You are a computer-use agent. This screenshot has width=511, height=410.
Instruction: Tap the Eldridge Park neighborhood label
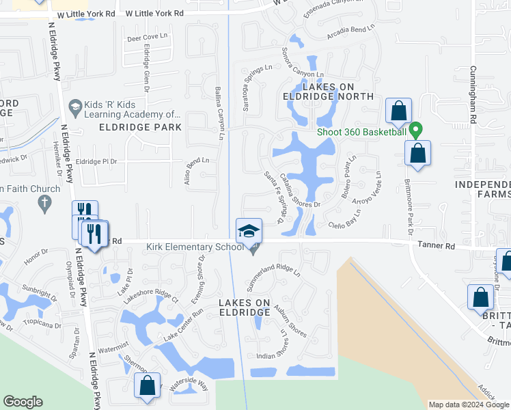140,127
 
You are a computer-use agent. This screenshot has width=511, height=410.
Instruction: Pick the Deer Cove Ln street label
147,36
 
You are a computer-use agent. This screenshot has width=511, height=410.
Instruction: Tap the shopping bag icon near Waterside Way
148,385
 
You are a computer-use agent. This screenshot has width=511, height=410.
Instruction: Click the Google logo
23,402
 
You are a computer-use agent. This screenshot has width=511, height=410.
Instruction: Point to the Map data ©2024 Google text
469,405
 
